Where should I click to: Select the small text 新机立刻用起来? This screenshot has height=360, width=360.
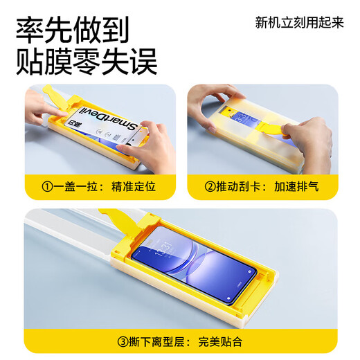299,21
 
